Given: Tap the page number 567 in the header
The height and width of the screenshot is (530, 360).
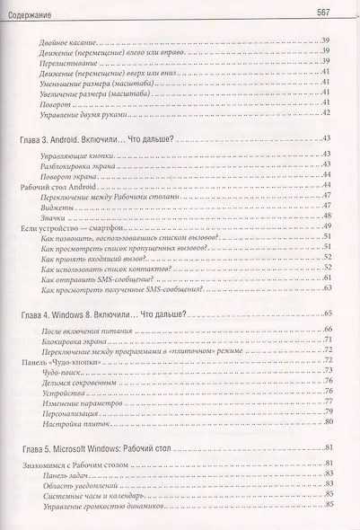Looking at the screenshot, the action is [326, 11].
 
